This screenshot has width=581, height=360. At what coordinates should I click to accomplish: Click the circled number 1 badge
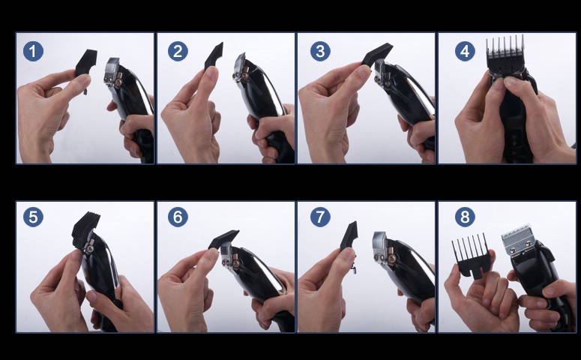[33, 51]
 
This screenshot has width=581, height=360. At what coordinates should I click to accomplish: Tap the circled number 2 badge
[178, 51]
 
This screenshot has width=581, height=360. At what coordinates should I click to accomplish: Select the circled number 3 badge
[321, 51]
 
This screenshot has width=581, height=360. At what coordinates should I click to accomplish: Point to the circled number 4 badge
[465, 51]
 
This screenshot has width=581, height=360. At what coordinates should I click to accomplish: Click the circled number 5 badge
[33, 217]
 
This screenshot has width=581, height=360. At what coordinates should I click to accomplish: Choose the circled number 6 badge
[178, 217]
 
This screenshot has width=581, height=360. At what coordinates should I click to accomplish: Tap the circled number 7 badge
[321, 217]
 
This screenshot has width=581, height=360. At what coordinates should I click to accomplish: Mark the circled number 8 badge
[465, 217]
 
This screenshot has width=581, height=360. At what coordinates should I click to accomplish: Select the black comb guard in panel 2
[214, 55]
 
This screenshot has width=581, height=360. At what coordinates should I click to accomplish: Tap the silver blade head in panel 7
[380, 247]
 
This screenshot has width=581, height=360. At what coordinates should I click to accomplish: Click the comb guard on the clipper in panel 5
[85, 229]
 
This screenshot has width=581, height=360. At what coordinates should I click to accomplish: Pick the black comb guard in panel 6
[224, 239]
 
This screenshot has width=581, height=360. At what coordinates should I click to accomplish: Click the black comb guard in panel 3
[377, 55]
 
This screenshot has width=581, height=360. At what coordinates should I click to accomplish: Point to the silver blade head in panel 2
[240, 66]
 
